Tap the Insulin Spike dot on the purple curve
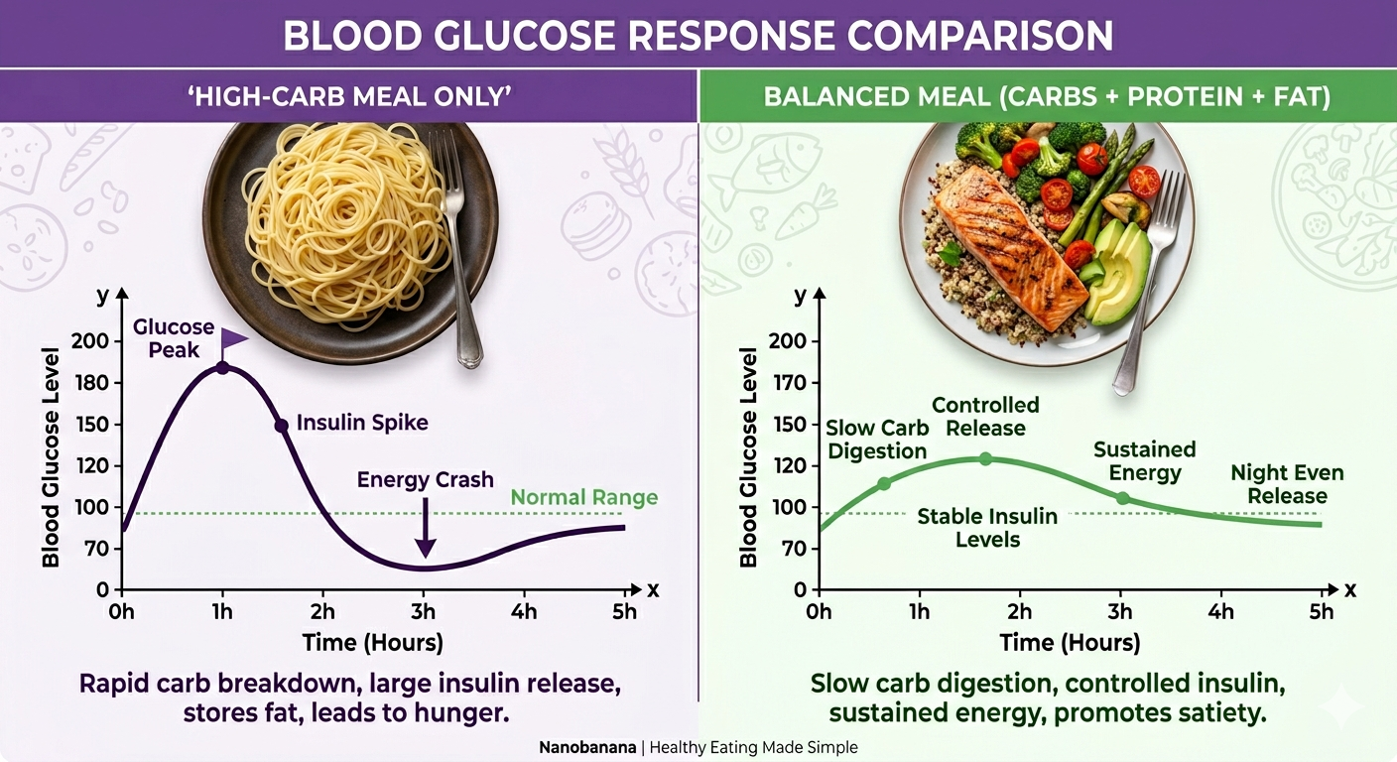pyautogui.click(x=281, y=426)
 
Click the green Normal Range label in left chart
pyautogui.click(x=583, y=497)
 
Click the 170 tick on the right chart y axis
pyautogui.click(x=794, y=383)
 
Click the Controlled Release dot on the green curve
pyautogui.click(x=985, y=458)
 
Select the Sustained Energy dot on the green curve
pyautogui.click(x=1122, y=498)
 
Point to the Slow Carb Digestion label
pyautogui.click(x=877, y=440)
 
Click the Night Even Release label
pyautogui.click(x=1287, y=484)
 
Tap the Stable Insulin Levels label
pyautogui.click(x=987, y=528)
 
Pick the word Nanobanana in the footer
pyautogui.click(x=592, y=747)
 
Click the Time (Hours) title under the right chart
pyautogui.click(x=1070, y=642)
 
